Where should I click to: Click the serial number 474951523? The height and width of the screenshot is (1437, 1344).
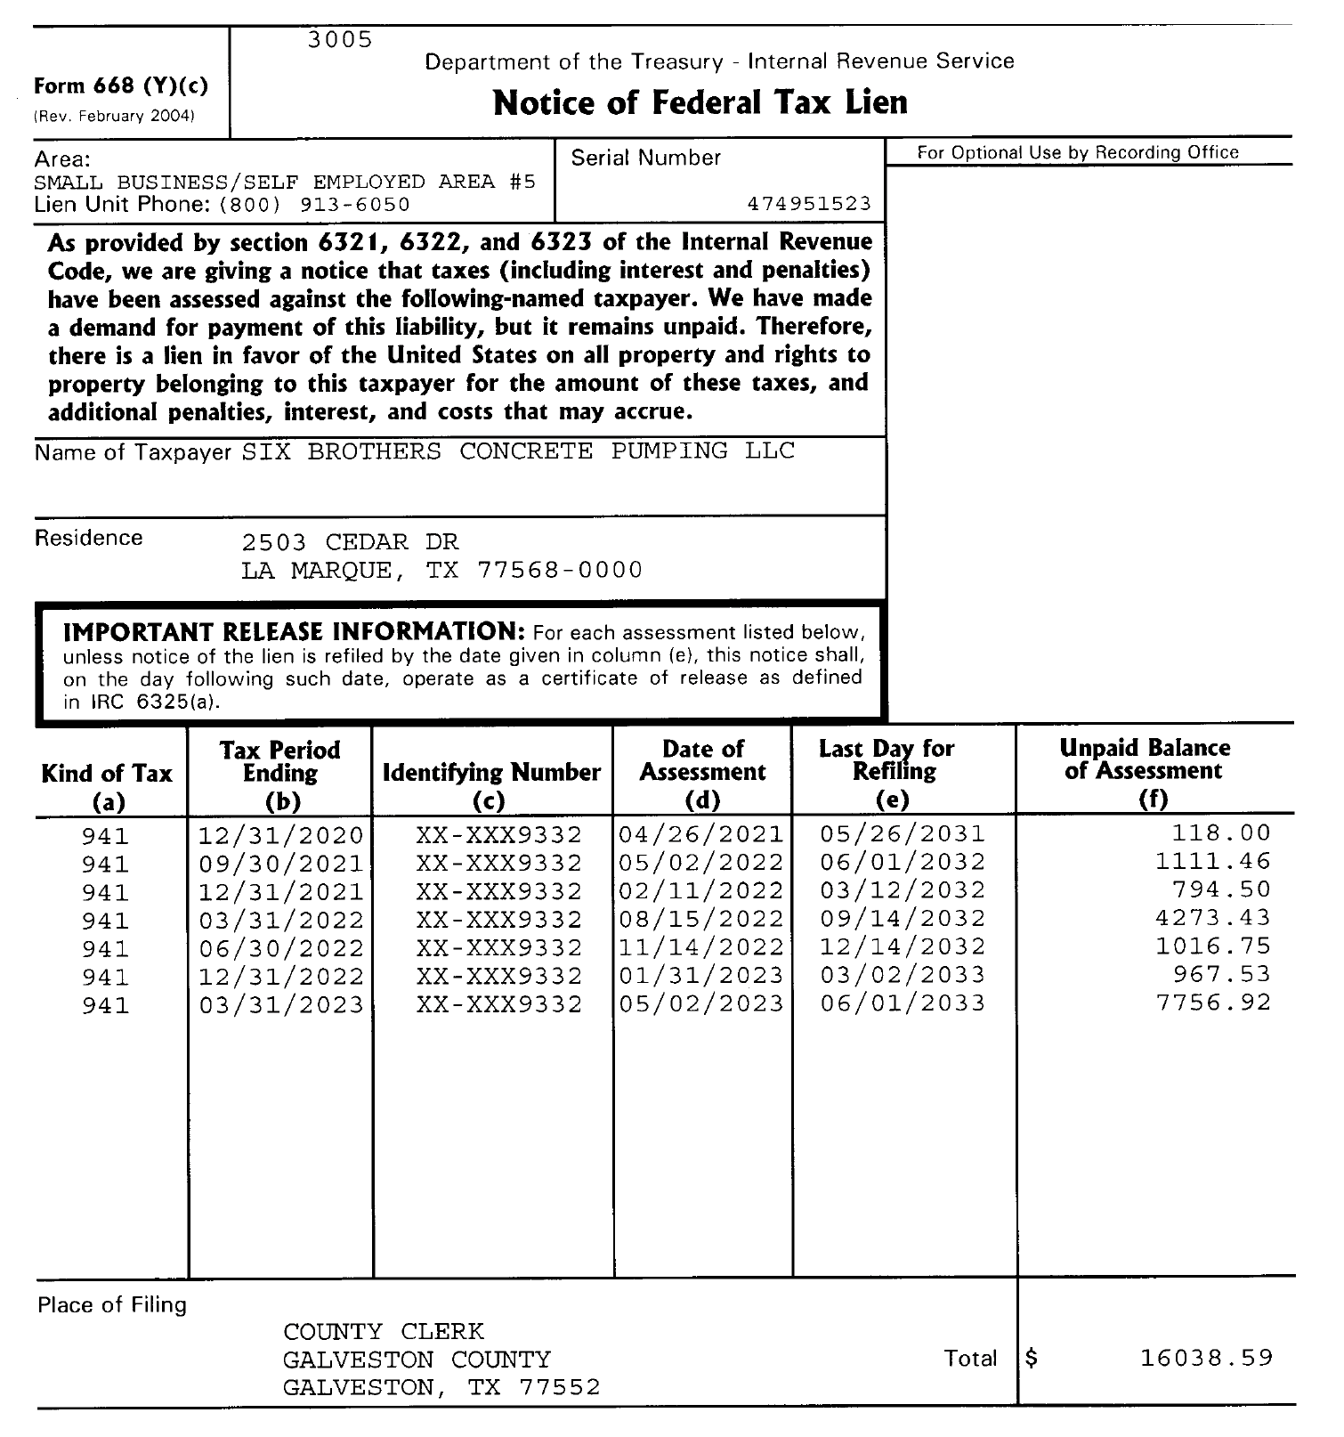point(809,204)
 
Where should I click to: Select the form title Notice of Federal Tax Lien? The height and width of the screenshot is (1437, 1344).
point(700,102)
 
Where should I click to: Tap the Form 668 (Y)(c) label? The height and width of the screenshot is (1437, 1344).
point(121,86)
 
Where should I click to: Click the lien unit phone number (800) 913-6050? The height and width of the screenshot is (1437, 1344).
point(314,205)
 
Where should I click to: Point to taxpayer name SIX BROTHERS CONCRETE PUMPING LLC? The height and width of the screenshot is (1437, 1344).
point(518,451)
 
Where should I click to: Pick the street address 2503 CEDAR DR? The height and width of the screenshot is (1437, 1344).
point(350,542)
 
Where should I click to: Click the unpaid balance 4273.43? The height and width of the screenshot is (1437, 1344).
point(1213,918)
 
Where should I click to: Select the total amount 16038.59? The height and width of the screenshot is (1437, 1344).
point(1206,1358)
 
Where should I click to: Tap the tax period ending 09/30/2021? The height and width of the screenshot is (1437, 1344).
point(281,864)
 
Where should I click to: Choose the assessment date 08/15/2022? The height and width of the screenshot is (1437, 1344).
point(701,919)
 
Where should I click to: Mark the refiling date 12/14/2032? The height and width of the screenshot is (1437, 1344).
point(903,946)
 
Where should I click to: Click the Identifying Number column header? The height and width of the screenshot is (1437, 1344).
point(491,773)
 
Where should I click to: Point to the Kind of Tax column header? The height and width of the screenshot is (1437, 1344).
point(107,774)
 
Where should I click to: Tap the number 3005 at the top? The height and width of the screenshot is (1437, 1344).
point(340,40)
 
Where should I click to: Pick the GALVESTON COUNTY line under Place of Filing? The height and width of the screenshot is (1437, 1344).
point(417,1360)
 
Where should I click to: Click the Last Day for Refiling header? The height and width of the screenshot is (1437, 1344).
point(887,760)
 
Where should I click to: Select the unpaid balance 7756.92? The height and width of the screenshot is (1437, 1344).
point(1213,1003)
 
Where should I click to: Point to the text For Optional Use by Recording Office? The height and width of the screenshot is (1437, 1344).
point(1078,152)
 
